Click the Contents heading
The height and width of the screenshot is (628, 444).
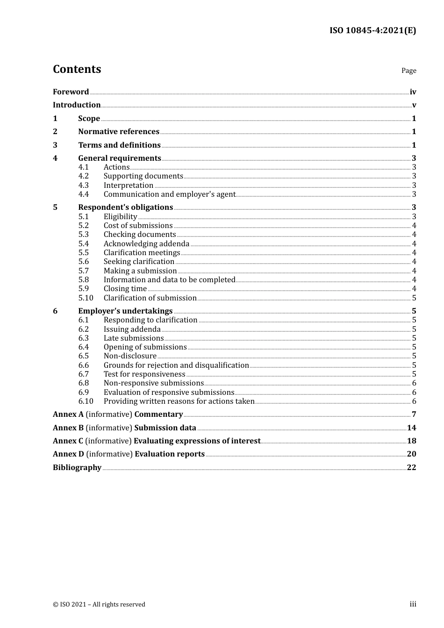coord(77,69)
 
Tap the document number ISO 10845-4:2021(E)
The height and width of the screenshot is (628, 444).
coord(372,31)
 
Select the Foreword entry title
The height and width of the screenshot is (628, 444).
coord(71,92)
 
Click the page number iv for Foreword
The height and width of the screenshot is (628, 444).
coord(413,92)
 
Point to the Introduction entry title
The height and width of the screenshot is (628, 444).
coord(77,105)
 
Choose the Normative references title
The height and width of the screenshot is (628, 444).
coord(119,132)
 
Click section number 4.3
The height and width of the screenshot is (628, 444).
coord(84,186)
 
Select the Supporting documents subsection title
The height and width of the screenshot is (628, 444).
coord(143,176)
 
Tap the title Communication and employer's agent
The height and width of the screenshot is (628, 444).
coord(169,194)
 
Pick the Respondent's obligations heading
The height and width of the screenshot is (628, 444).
coord(125,207)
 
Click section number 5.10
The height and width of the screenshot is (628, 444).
coord(86,298)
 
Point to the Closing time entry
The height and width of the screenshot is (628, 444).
coord(125,289)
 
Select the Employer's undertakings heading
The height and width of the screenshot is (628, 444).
coord(125,311)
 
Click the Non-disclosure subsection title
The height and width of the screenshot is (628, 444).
coord(130,356)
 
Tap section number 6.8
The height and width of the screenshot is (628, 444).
coord(84,383)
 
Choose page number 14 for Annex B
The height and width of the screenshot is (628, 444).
coord(411,428)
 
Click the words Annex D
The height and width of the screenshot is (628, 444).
coord(68,454)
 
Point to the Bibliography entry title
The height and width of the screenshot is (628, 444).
coord(77,468)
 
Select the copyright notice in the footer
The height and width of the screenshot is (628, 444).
coord(99,605)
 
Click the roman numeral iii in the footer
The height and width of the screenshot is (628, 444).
coord(413,604)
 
